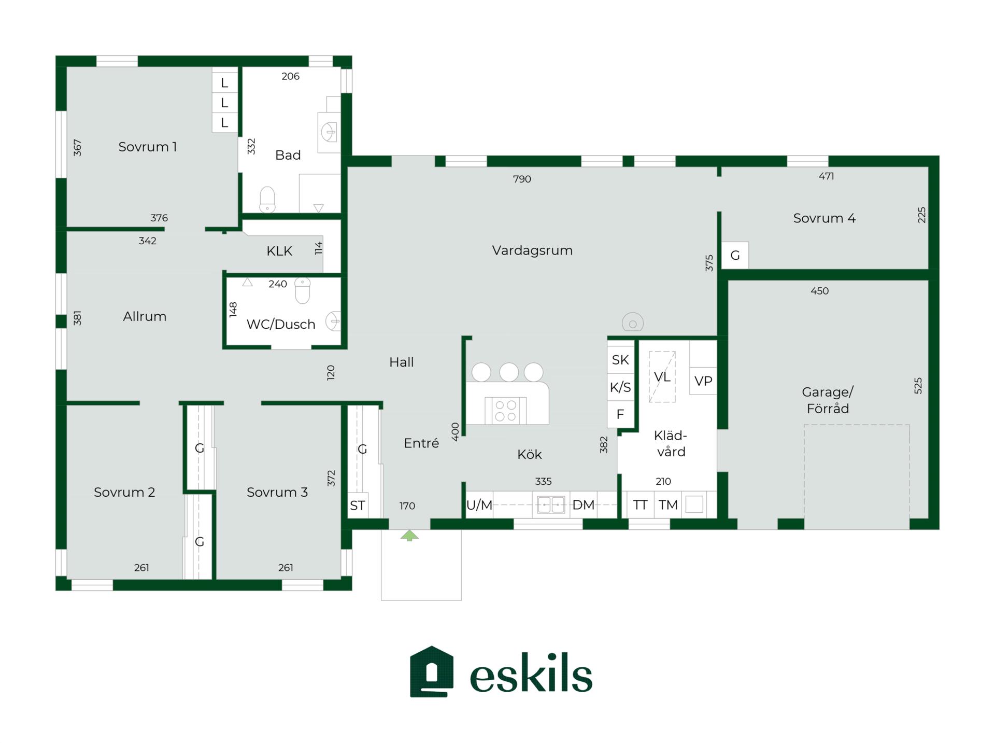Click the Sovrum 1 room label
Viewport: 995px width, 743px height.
pos(148,147)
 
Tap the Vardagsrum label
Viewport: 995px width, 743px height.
pos(532,250)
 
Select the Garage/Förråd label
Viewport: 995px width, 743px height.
pos(828,400)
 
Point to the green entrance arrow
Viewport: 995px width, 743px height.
pos(409,536)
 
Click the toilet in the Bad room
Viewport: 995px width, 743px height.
pos(267,200)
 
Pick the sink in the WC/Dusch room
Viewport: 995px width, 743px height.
pos(333,321)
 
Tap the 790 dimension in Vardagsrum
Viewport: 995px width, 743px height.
pos(522,179)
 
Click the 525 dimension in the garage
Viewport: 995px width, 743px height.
pos(918,385)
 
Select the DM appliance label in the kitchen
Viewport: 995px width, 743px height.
pos(584,505)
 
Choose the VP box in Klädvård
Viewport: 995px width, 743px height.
pos(703,381)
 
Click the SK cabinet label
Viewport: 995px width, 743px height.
pos(620,360)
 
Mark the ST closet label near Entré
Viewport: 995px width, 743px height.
pos(358,506)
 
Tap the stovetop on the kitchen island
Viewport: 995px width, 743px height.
pos(505,411)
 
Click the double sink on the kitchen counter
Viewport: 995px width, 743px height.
pos(551,504)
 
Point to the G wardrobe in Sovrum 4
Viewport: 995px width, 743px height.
pos(735,255)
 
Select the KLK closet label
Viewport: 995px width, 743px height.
pos(279,251)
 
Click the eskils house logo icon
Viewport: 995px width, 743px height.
pos(432,671)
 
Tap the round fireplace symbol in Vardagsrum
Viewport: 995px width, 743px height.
pos(633,323)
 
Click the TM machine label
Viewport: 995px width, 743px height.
pos(668,505)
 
